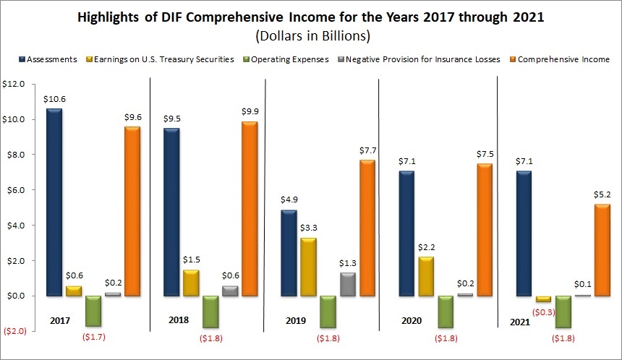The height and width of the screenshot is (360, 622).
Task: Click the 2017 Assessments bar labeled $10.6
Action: pos(53,202)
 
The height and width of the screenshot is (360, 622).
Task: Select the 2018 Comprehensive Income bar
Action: pos(249,210)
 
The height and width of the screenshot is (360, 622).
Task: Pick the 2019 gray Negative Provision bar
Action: pos(347,284)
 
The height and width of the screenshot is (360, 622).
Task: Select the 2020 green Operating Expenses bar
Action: pos(446,312)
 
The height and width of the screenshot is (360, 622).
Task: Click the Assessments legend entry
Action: pos(51,59)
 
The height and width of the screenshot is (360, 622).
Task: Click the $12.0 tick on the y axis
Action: pos(14,84)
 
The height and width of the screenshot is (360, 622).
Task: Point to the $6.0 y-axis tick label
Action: pos(14,190)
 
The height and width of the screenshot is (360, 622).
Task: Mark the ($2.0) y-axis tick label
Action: pos(14,331)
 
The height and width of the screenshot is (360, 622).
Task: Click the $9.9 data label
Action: pos(250,111)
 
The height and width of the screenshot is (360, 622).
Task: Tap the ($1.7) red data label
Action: pos(93,338)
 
